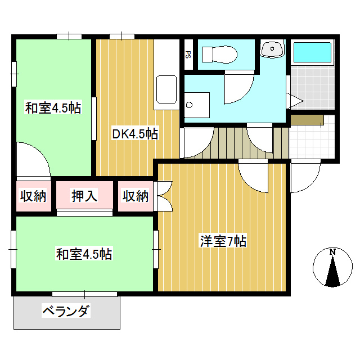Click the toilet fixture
[x=219, y=55]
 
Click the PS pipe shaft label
[x=188, y=55]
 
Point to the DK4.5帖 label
[x=134, y=134]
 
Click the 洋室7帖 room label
[x=223, y=242]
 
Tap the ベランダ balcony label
[x=66, y=310]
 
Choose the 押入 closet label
[x=85, y=196]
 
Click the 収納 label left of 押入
[x=34, y=196]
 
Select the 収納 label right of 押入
[x=136, y=196]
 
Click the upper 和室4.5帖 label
[x=53, y=108]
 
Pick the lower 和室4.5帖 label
[x=84, y=254]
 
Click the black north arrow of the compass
[x=333, y=273]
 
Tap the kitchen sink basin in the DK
[x=167, y=90]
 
